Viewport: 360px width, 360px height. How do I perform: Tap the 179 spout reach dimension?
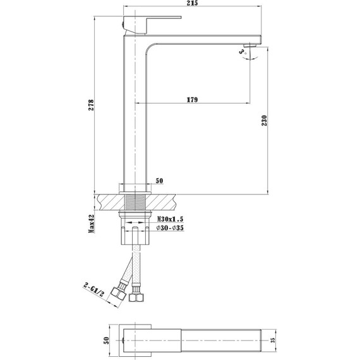pyautogui.click(x=194, y=99)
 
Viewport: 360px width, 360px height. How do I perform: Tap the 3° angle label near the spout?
pyautogui.click(x=243, y=53)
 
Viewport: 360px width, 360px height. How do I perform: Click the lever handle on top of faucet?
pyautogui.click(x=135, y=23)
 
